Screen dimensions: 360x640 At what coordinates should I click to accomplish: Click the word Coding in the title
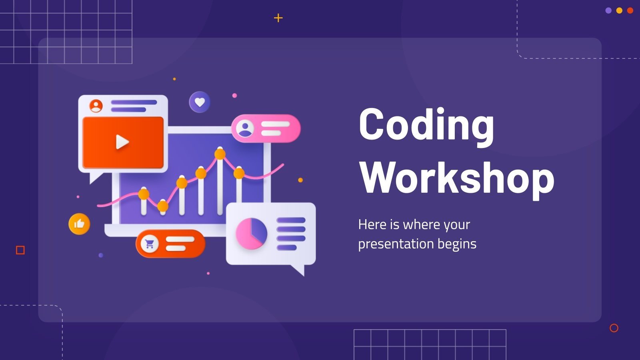pos(426,125)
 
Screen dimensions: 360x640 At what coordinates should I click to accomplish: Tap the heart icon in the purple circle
pos(200,102)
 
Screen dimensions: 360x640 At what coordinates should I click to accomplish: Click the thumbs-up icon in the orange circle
pos(79,224)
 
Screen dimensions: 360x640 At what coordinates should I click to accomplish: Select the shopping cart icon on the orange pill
pos(150,244)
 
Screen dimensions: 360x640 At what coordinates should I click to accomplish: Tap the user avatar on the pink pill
pos(245,128)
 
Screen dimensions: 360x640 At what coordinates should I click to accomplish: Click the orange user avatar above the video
pos(96,106)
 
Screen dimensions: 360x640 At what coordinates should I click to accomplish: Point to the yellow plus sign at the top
pos(278,18)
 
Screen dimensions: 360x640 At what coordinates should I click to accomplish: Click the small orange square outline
pos(20,250)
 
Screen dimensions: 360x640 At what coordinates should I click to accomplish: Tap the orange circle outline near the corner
pos(614,328)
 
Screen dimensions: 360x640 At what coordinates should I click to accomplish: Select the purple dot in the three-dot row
pos(608,11)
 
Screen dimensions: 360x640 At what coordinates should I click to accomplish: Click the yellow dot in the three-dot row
pos(619,11)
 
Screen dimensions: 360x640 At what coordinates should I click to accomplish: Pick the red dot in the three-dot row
pos(630,11)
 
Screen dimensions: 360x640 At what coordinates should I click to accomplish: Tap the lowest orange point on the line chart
pos(163,206)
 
